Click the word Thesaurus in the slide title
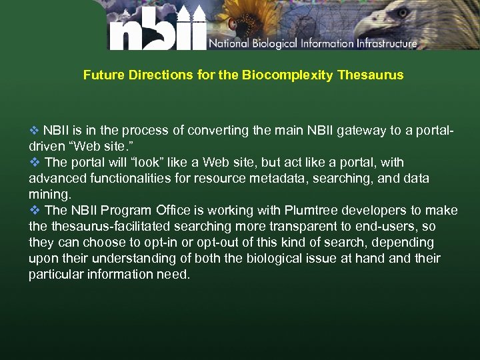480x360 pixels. point(371,75)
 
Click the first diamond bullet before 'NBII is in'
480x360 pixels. point(35,130)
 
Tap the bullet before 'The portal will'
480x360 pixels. point(35,162)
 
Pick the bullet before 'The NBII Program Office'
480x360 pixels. point(35,210)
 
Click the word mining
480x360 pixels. point(49,195)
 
